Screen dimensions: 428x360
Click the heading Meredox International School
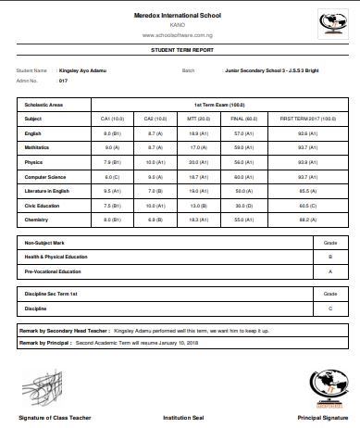[180, 16]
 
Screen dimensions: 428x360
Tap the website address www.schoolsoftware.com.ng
[180, 34]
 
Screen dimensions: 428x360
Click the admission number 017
[64, 81]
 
